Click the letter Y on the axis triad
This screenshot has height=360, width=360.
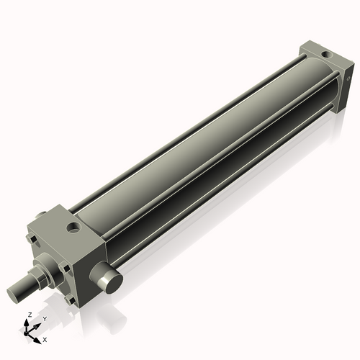(x=45, y=318)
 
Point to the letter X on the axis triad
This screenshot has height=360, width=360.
(x=45, y=338)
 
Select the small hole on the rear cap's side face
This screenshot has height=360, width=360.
(x=348, y=81)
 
